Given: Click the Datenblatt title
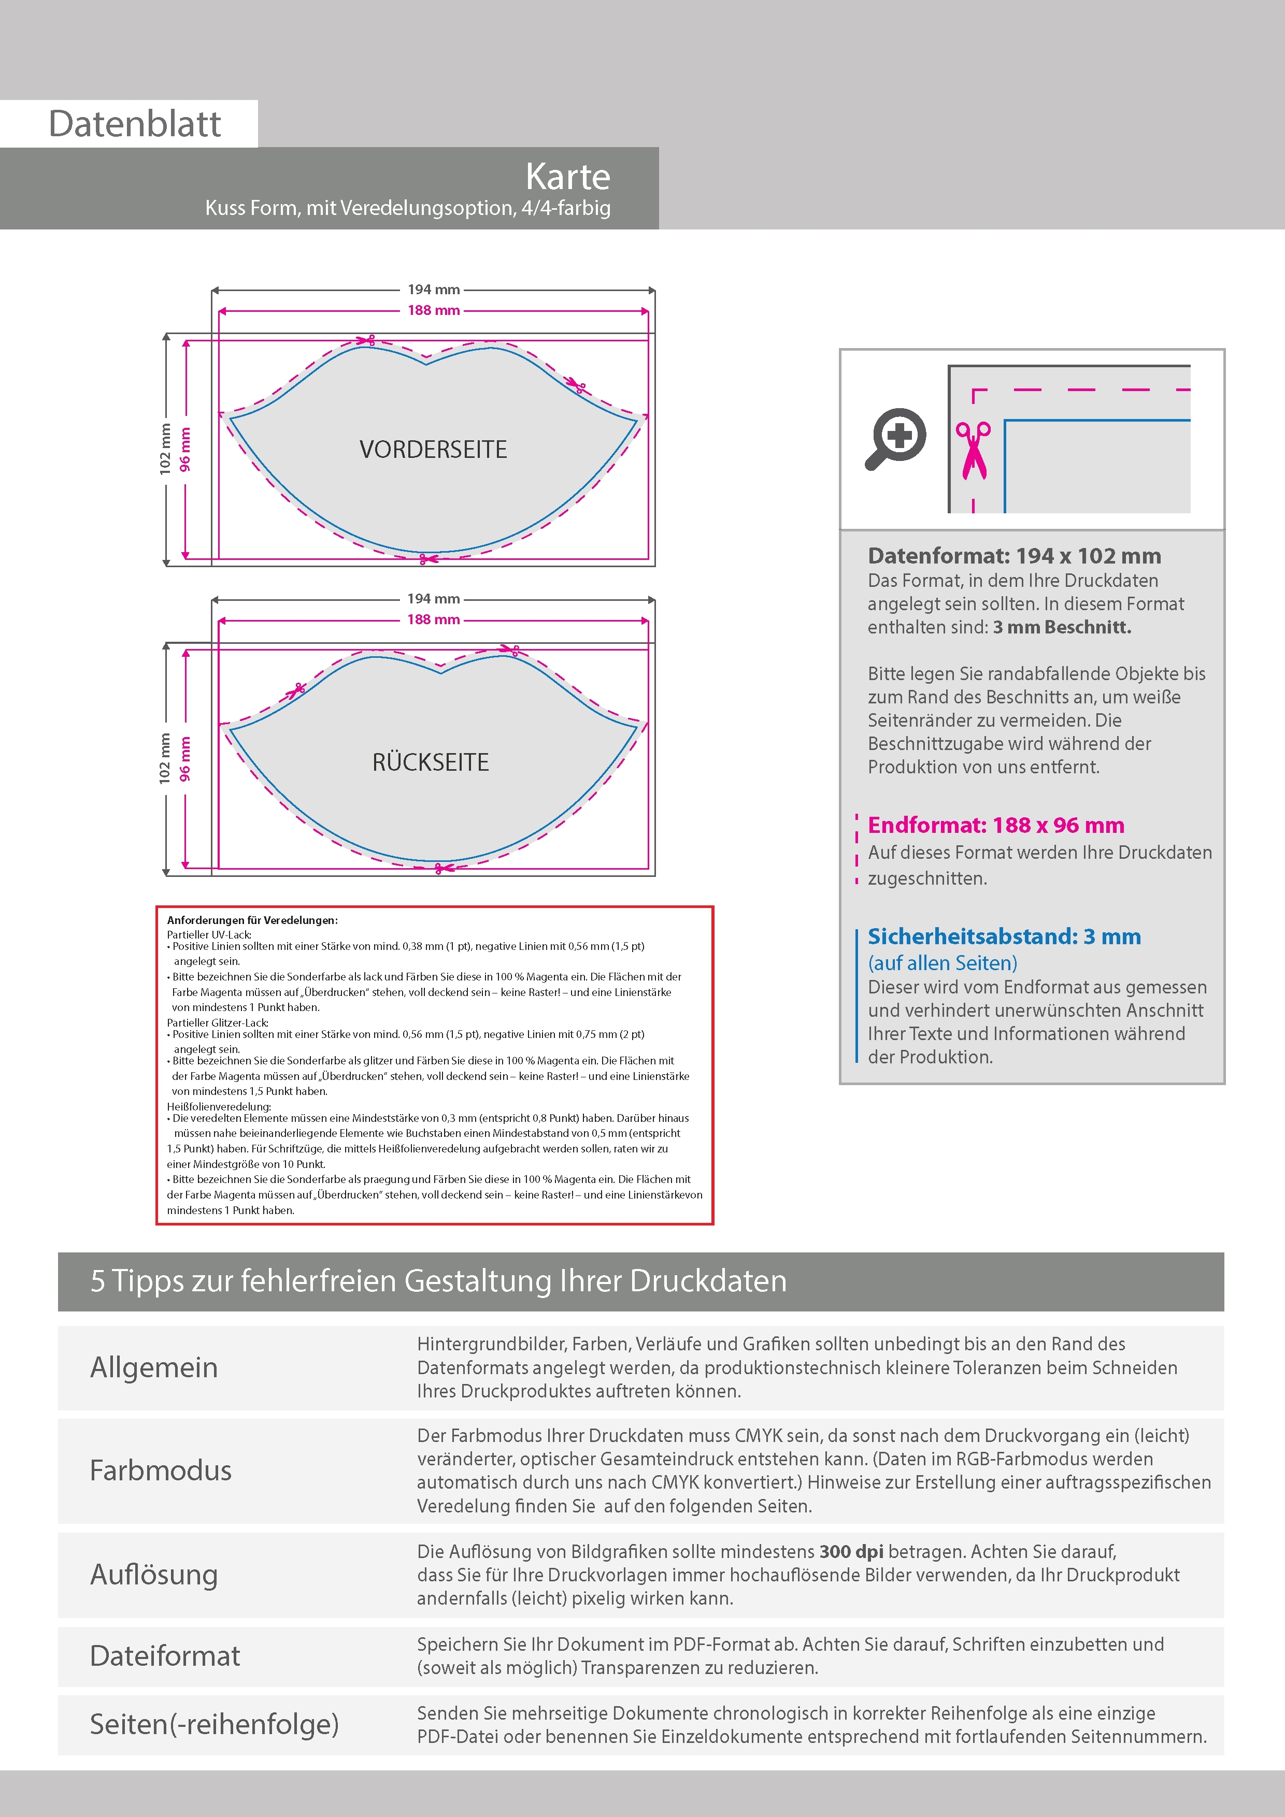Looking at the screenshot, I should (x=135, y=123).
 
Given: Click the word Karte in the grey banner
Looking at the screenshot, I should (x=568, y=177).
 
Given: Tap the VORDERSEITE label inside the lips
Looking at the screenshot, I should (x=433, y=450).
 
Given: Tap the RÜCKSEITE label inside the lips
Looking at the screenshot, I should (x=431, y=762).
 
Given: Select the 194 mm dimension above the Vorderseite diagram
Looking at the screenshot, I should (x=433, y=290).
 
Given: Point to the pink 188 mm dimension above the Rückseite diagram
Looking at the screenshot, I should (x=433, y=619).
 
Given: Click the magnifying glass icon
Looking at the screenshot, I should (x=895, y=438).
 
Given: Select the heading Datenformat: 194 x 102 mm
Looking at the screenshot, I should (x=1014, y=556).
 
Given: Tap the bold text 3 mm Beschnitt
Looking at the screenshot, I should (x=1062, y=628).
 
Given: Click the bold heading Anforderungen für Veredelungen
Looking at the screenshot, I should (x=252, y=920).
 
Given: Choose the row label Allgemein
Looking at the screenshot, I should (x=153, y=1367).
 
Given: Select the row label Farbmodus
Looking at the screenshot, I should (x=161, y=1470).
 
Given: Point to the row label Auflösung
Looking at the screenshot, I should (x=153, y=1574).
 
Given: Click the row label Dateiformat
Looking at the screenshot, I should (x=165, y=1655).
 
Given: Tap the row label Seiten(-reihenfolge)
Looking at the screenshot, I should (x=214, y=1724).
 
